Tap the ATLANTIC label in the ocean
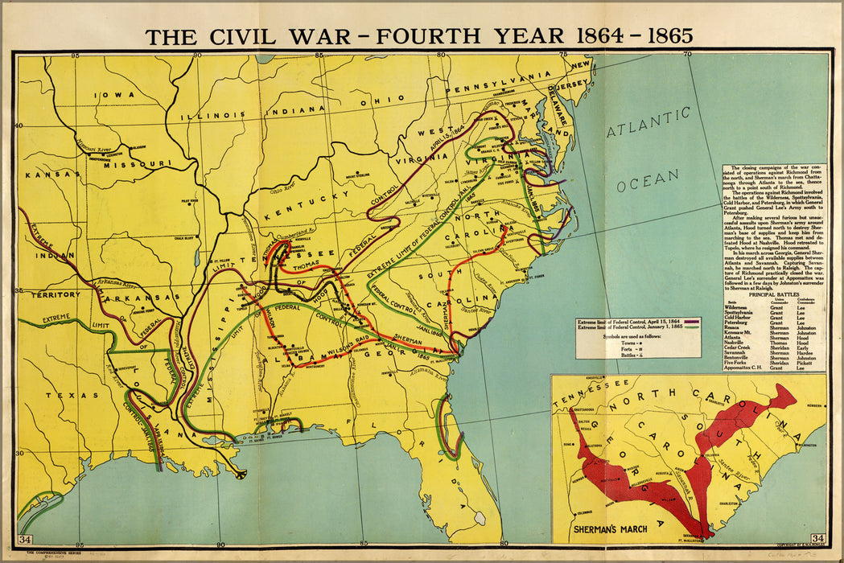click(x=648, y=129)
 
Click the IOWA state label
click(x=113, y=95)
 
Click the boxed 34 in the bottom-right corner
click(x=817, y=538)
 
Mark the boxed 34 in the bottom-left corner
click(x=26, y=538)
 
